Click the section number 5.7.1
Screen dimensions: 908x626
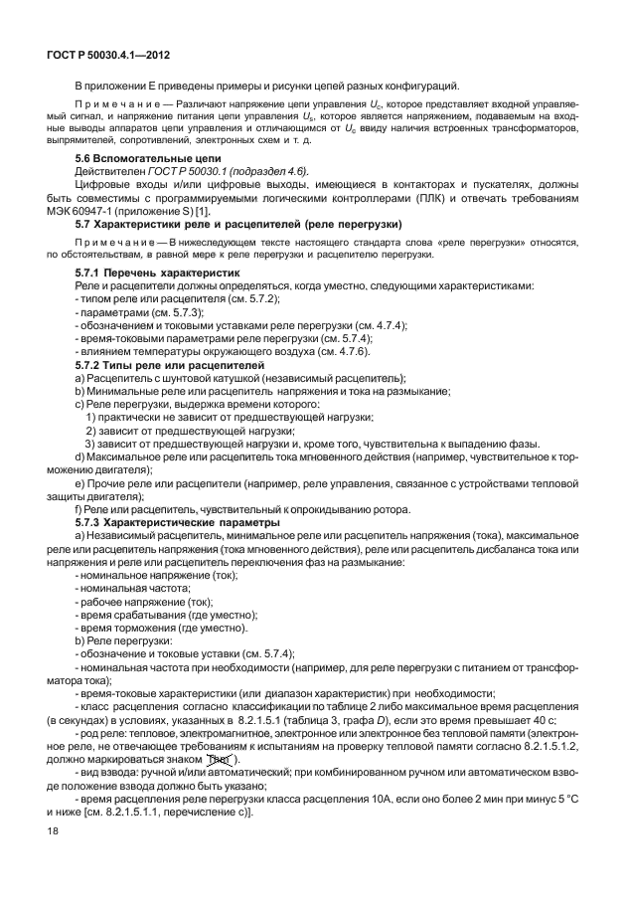click(89, 272)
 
